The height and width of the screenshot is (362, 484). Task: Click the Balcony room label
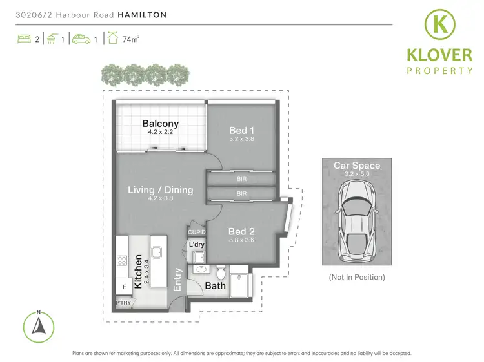[x=161, y=124]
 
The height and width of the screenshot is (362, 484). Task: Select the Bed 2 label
[x=241, y=231]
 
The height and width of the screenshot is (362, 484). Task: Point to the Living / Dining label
[x=160, y=190]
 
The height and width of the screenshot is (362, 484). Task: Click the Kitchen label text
[x=138, y=271]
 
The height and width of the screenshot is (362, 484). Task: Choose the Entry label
[x=178, y=280]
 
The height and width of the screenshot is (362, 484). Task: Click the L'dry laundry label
[x=196, y=245]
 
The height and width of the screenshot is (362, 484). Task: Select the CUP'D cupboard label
[x=196, y=232]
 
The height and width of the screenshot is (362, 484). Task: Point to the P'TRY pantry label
[x=123, y=302]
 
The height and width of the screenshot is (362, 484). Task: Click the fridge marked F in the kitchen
[x=123, y=285]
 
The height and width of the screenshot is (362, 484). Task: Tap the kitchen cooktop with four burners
[x=123, y=261]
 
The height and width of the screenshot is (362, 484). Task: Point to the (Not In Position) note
[x=356, y=277]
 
